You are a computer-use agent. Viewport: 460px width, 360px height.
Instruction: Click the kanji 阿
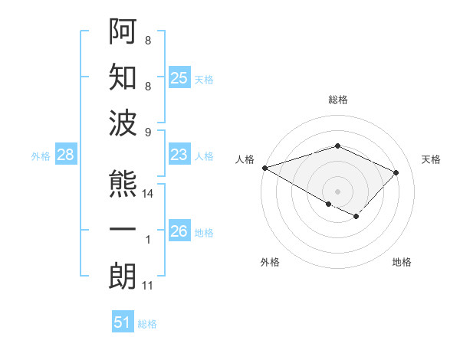[x=123, y=31]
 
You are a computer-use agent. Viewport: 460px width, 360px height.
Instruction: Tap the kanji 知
[x=123, y=77]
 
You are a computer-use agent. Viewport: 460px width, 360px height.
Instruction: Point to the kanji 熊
[x=123, y=185]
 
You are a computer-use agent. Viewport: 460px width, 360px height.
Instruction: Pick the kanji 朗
[x=123, y=276]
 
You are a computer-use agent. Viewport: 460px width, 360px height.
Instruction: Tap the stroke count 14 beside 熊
[x=148, y=195]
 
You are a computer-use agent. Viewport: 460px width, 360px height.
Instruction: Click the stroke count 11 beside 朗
[x=147, y=286]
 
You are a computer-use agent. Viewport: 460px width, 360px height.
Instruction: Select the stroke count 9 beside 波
[x=148, y=132]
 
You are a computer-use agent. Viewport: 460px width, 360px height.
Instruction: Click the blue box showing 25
[x=179, y=77]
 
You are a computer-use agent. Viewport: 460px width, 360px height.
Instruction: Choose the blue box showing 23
[x=179, y=155]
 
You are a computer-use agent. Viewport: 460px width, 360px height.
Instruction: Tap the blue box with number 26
[x=179, y=231]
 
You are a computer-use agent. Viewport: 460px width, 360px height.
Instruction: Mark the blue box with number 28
[x=66, y=155]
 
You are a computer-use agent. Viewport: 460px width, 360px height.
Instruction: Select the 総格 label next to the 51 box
[x=147, y=324]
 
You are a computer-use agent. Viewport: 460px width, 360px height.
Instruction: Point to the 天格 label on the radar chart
[x=431, y=159]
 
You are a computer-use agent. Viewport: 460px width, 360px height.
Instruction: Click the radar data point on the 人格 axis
[x=264, y=168]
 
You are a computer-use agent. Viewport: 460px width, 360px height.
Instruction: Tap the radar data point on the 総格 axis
[x=338, y=146]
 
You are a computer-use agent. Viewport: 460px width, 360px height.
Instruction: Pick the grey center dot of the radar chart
[x=338, y=190]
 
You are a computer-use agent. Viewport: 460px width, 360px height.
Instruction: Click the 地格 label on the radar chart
[x=402, y=262]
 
